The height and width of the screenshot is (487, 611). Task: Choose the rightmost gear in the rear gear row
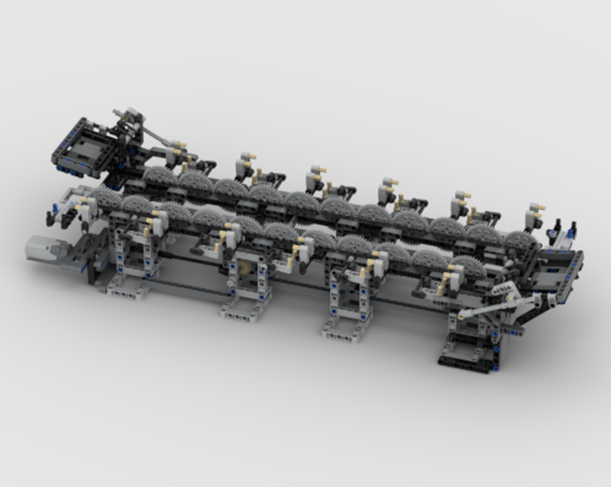point(519,240)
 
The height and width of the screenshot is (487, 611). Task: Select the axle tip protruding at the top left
point(116,112)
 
